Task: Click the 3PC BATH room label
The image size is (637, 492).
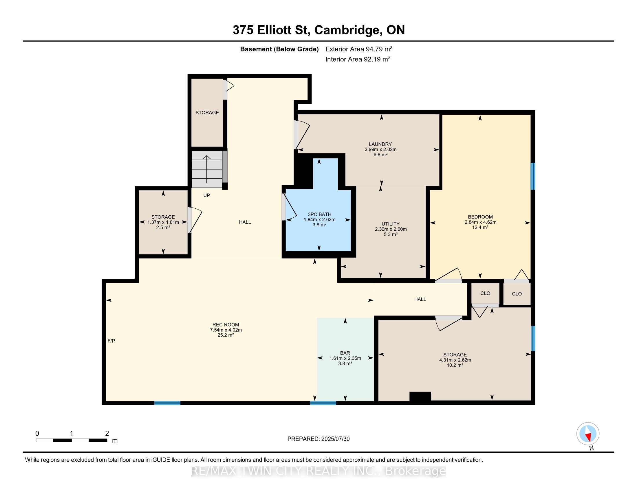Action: pyautogui.click(x=319, y=214)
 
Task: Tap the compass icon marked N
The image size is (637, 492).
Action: pyautogui.click(x=588, y=434)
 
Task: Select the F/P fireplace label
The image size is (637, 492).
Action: pyautogui.click(x=111, y=341)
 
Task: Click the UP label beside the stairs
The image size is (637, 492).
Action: pyautogui.click(x=206, y=195)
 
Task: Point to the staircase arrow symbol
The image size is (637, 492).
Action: pyautogui.click(x=207, y=169)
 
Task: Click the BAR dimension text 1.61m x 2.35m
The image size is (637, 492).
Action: pyautogui.click(x=345, y=358)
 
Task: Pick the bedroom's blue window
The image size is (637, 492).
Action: pyautogui.click(x=532, y=176)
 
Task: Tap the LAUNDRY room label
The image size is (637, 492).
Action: pyautogui.click(x=380, y=144)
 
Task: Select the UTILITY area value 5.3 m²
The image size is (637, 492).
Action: pyautogui.click(x=391, y=234)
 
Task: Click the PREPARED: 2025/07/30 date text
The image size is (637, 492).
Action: pyautogui.click(x=318, y=439)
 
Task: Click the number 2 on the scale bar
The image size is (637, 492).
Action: pyautogui.click(x=107, y=433)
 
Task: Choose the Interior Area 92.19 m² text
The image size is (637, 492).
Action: pyautogui.click(x=358, y=59)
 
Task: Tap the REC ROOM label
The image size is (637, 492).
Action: pyautogui.click(x=226, y=325)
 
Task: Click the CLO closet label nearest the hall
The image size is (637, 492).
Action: pyautogui.click(x=485, y=293)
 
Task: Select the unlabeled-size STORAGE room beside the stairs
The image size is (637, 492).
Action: pyautogui.click(x=207, y=113)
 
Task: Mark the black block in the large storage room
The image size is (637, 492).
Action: pyautogui.click(x=420, y=397)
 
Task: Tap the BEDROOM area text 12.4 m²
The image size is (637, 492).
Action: pyautogui.click(x=480, y=227)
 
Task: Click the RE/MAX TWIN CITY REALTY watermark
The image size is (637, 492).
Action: pyautogui.click(x=318, y=471)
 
